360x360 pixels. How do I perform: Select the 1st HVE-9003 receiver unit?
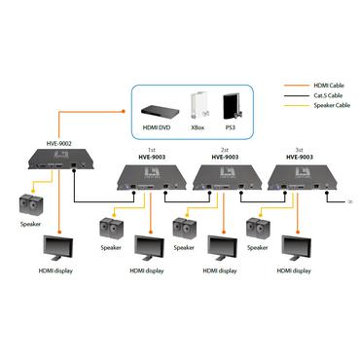pos(146,178)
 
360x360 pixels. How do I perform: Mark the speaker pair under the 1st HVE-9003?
pos(112,229)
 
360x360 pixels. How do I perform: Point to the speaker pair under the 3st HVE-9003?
pos(258,229)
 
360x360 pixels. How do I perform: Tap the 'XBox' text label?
pos(199,127)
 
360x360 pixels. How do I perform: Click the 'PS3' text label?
pos(231,127)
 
